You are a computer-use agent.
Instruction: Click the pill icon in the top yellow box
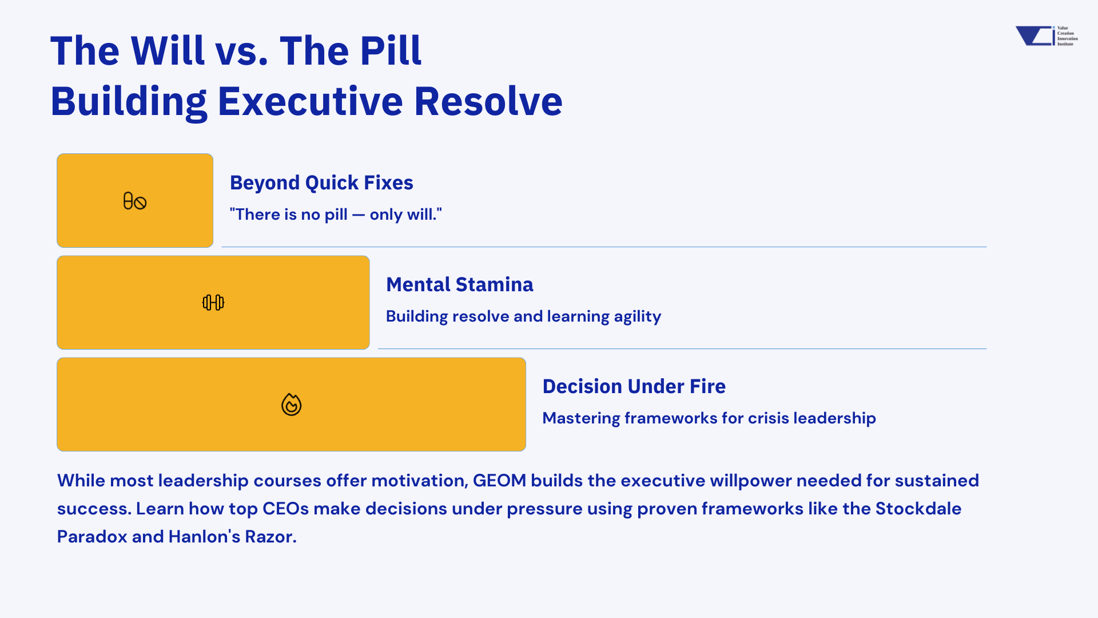pos(135,201)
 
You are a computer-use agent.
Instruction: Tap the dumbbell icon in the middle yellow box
pos(213,302)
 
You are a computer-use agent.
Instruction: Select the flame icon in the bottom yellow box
pos(291,405)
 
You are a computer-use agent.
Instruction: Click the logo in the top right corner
pos(1047,35)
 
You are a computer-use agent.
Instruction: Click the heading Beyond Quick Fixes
pos(321,183)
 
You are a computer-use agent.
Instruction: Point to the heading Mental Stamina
pos(460,284)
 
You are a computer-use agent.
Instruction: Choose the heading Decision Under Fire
pos(634,386)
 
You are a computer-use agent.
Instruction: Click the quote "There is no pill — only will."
pos(336,214)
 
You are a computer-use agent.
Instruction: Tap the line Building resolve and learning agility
pos(523,316)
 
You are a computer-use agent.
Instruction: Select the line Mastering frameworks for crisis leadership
pos(709,418)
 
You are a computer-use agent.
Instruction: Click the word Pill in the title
pos(391,51)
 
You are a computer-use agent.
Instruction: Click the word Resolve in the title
pos(488,101)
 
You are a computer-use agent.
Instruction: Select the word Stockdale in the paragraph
pos(918,509)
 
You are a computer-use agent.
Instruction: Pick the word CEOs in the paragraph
pos(285,509)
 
